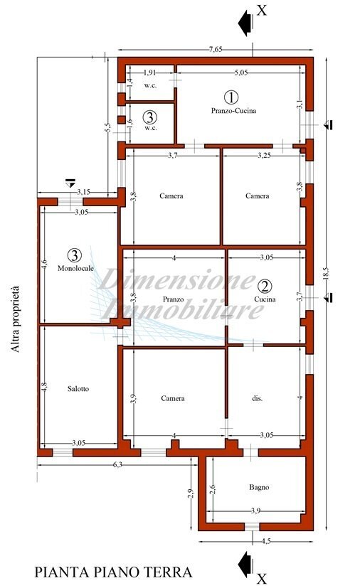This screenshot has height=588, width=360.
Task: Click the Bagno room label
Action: coord(258,487)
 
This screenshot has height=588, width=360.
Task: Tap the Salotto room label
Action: coord(79,388)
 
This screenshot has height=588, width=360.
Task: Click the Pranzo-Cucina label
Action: coord(233,111)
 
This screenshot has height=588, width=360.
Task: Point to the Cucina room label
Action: coord(264,299)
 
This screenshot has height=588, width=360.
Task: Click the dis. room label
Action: coord(258,399)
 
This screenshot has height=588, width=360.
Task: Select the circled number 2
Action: coord(265,287)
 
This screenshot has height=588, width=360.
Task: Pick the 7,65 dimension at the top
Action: coord(216,49)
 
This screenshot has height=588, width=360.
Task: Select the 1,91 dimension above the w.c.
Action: coord(150,73)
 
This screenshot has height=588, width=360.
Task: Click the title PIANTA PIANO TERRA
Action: coord(113,572)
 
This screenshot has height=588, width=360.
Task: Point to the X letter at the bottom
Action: coord(261,578)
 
